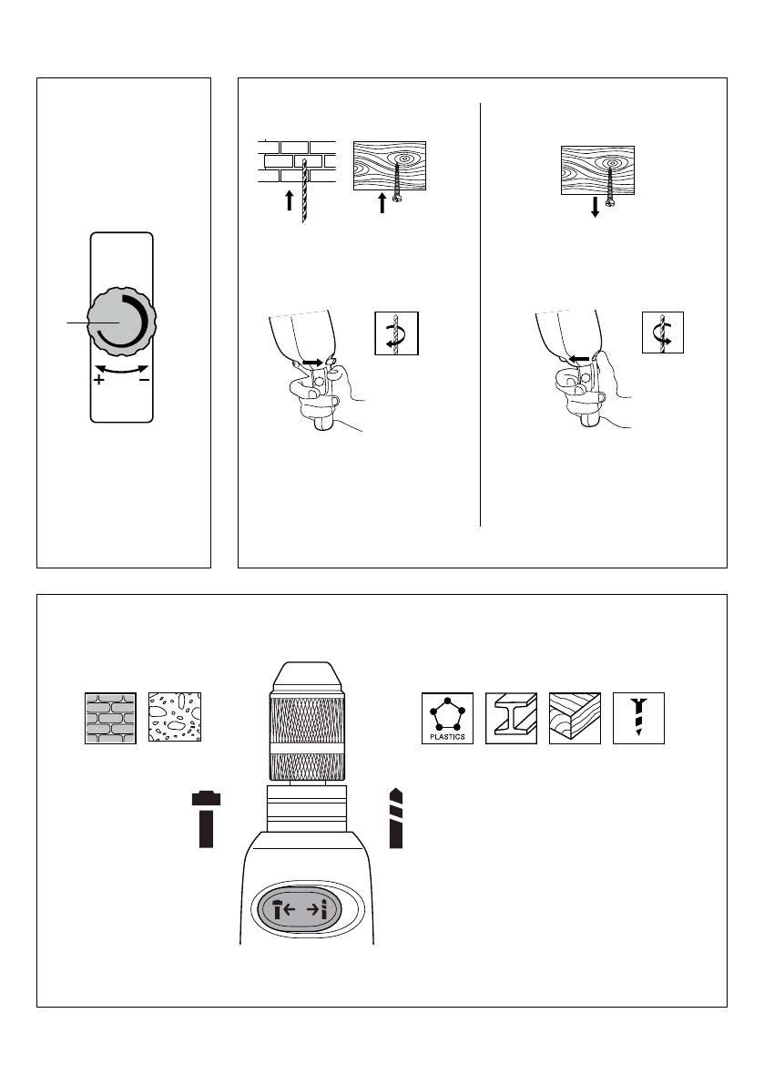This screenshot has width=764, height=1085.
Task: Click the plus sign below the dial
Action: tap(98, 381)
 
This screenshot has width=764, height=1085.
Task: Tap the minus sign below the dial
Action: tap(144, 381)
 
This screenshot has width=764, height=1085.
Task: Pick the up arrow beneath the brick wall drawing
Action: tap(290, 201)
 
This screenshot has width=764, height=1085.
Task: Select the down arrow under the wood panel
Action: tap(595, 207)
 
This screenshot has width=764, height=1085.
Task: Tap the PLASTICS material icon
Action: tap(447, 718)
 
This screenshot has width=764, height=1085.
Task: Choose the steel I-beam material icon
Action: tap(511, 718)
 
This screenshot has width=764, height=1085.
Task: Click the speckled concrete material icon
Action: tap(175, 719)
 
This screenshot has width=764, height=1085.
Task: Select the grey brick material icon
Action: tap(110, 719)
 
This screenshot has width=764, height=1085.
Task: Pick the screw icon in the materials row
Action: tap(639, 718)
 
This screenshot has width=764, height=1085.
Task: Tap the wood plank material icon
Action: tap(575, 718)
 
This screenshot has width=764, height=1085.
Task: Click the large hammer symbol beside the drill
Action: tap(208, 819)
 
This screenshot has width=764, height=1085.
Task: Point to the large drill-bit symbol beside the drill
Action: tap(395, 817)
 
